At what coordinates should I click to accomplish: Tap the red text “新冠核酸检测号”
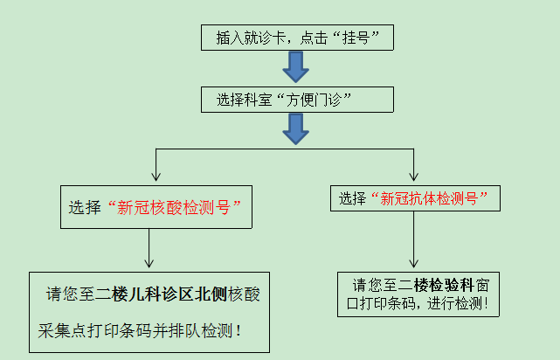pyautogui.click(x=174, y=208)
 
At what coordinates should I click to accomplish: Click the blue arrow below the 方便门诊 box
pyautogui.click(x=296, y=129)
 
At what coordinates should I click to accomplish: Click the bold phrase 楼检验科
pyautogui.click(x=442, y=285)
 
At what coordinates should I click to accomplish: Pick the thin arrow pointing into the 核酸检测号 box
pyautogui.click(x=155, y=166)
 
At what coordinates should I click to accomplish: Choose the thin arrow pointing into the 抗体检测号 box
pyautogui.click(x=414, y=166)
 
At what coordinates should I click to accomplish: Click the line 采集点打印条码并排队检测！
pyautogui.click(x=140, y=332)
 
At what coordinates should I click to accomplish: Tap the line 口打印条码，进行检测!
pyautogui.click(x=418, y=304)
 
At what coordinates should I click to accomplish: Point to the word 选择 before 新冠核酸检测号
pyautogui.click(x=85, y=208)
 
